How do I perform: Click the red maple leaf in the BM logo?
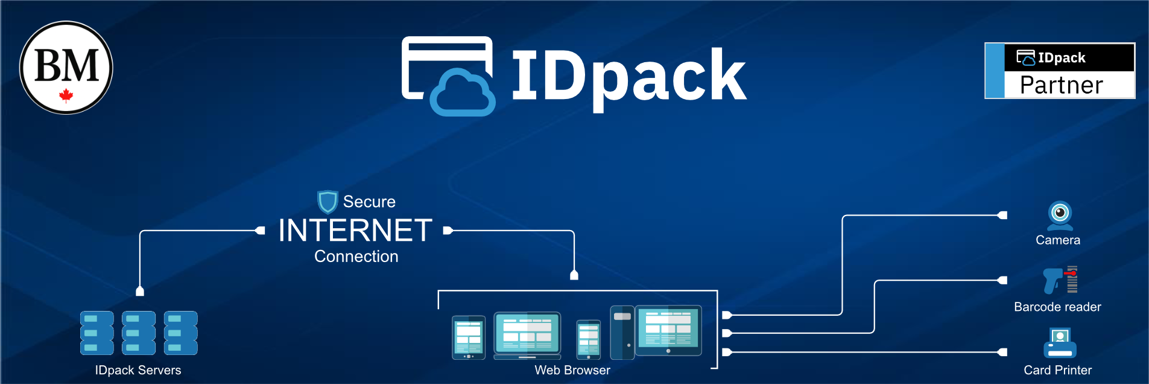pos(66,95)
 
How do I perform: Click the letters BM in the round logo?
pos(66,65)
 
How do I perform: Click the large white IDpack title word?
pos(628,76)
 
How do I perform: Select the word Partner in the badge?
pos(1061,85)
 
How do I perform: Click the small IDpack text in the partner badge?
pos(1062,58)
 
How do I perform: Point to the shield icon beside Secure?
pos(328,202)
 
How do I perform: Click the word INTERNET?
pos(355,231)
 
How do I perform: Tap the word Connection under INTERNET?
pos(356,257)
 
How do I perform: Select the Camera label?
pos(1057,240)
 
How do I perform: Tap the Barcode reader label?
pos(1057,307)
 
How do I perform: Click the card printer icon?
pos(1060,343)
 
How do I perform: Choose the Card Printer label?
pos(1057,370)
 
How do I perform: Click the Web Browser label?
pos(572,370)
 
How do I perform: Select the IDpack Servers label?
pos(138,370)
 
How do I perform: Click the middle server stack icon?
pos(139,333)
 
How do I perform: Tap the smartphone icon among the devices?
pos(588,339)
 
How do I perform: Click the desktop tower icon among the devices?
pos(622,333)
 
